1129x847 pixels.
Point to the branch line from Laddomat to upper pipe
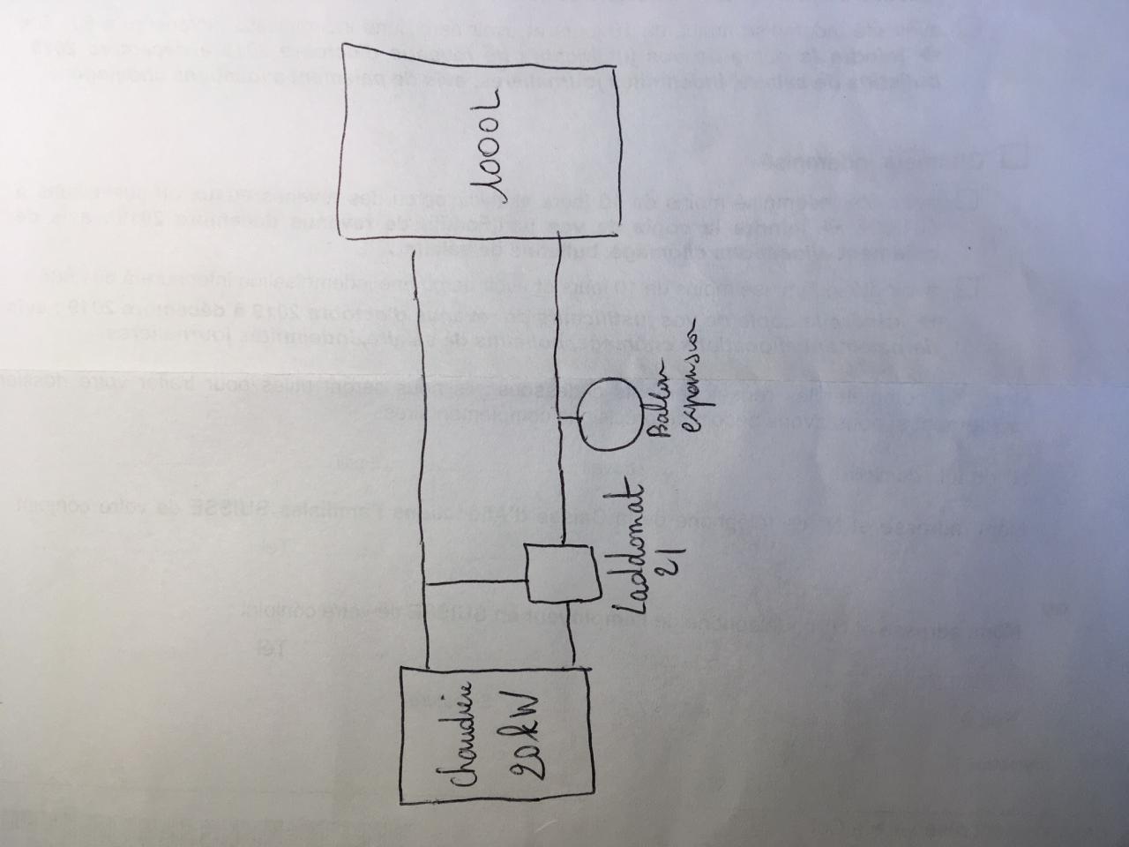click(x=476, y=583)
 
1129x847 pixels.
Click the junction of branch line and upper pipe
click(x=426, y=583)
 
